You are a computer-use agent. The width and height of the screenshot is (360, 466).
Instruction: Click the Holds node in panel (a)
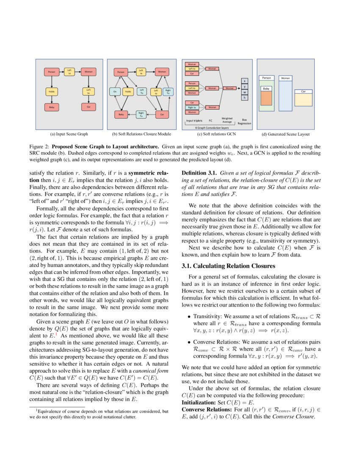click(51, 91)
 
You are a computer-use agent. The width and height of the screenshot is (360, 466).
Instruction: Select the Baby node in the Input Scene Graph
click(51, 107)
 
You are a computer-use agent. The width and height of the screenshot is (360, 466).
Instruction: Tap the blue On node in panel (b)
click(115, 91)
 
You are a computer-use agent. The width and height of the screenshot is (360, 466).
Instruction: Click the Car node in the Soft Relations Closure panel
click(161, 114)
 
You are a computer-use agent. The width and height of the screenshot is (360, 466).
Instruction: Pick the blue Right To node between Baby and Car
click(141, 114)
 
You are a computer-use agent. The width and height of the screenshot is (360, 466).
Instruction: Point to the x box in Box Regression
click(244, 80)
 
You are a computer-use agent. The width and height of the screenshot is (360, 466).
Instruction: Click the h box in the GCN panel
click(244, 97)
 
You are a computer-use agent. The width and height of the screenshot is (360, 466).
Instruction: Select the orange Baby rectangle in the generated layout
click(266, 98)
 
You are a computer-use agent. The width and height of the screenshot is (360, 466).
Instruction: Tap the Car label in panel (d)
click(303, 91)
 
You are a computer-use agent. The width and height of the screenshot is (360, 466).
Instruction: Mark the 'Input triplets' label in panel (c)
click(194, 120)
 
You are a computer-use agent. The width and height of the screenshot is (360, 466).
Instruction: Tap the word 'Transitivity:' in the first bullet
click(208, 316)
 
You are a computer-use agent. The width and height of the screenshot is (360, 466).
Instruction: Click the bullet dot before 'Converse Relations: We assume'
click(189, 342)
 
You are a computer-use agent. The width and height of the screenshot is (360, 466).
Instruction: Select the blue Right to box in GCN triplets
click(192, 107)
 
